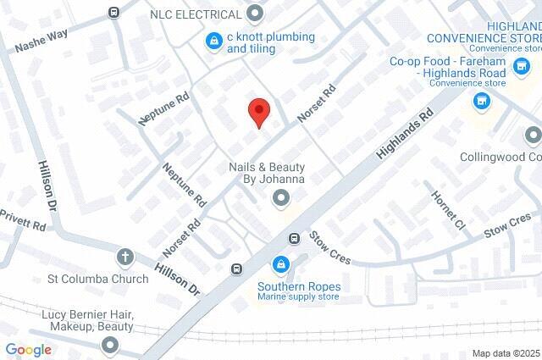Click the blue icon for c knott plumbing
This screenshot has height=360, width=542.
215,39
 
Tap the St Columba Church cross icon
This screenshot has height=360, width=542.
125,257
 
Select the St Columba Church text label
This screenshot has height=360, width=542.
86,278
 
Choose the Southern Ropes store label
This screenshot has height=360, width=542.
298,286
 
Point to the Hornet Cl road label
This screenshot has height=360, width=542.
449,209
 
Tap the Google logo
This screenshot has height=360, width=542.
28,349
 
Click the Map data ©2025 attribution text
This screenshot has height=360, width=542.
505,353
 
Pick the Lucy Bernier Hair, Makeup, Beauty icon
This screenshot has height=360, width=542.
110,345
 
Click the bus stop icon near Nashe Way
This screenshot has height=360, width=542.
114,12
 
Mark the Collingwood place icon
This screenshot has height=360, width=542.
533,136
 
